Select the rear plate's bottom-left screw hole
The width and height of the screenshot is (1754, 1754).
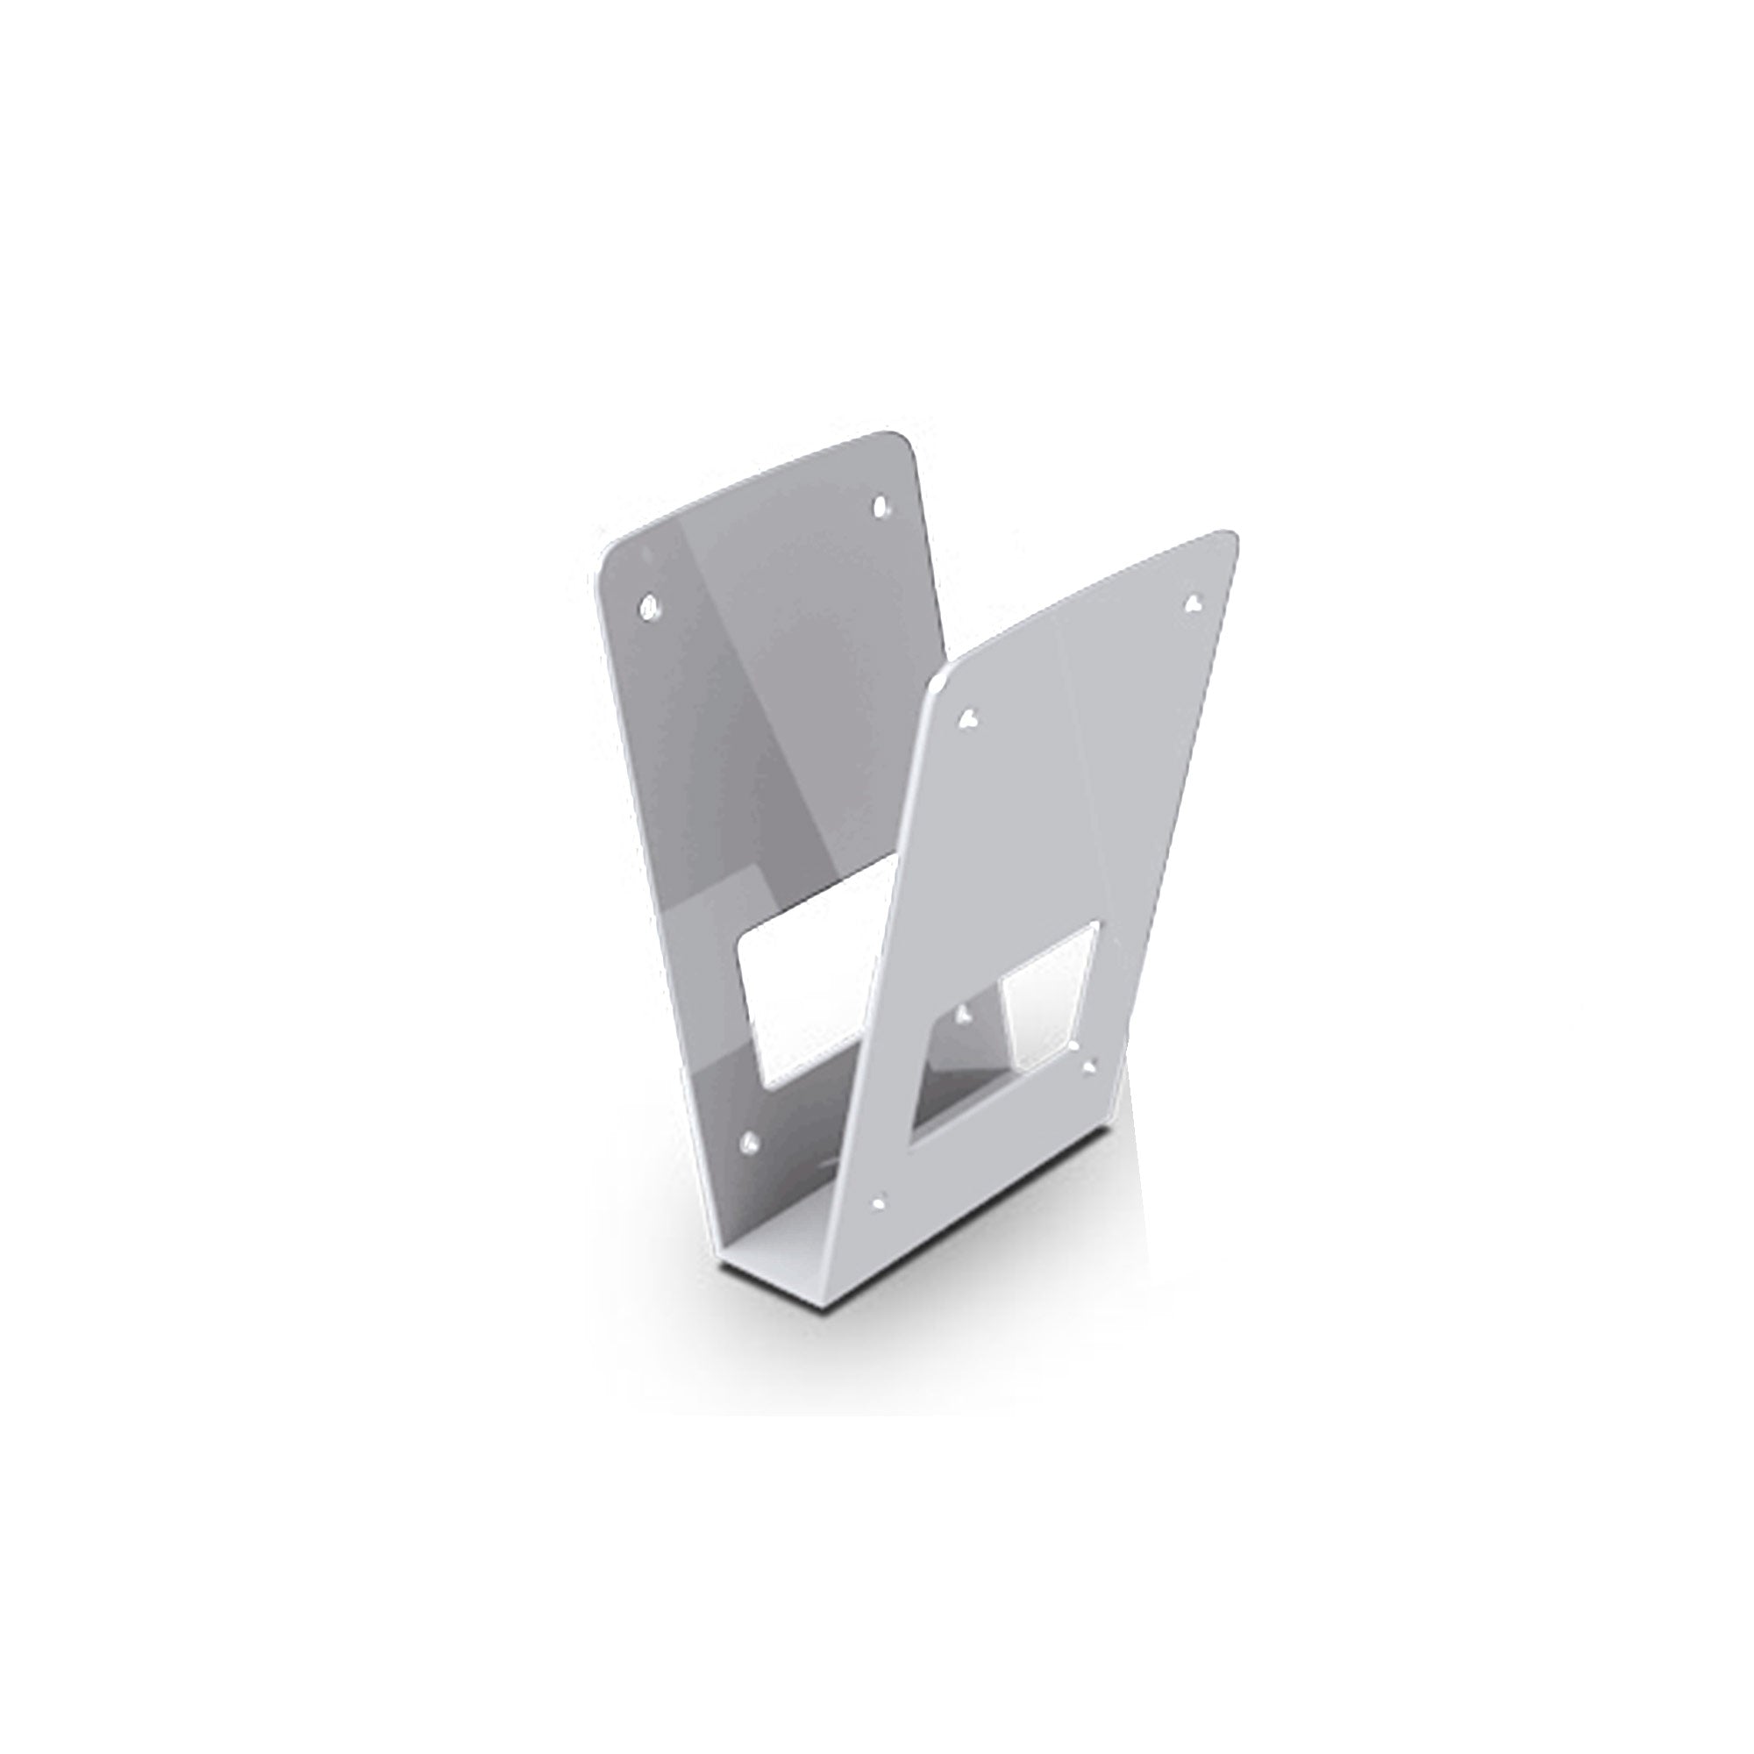tap(750, 1141)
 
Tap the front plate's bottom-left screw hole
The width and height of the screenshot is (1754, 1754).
tap(878, 1203)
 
